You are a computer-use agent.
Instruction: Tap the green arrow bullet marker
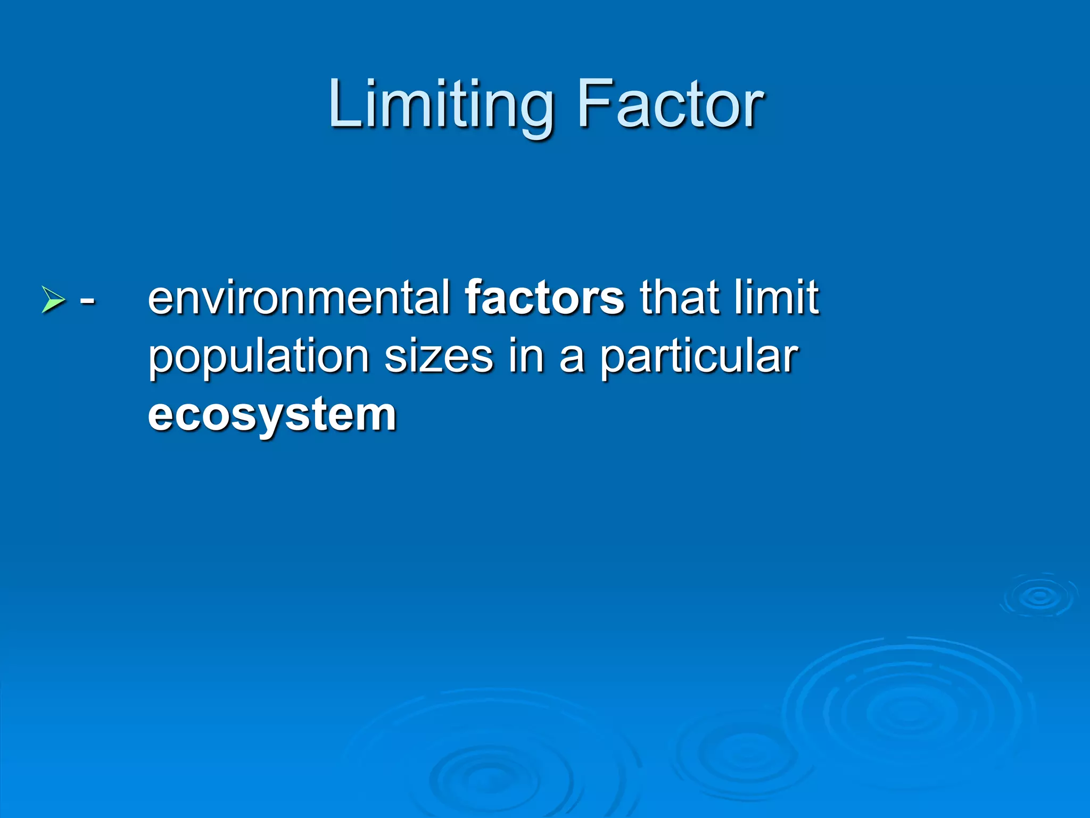pos(53,299)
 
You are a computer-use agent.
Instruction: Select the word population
pos(259,358)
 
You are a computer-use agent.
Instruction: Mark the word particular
pos(699,358)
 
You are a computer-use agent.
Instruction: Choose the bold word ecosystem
pos(272,416)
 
